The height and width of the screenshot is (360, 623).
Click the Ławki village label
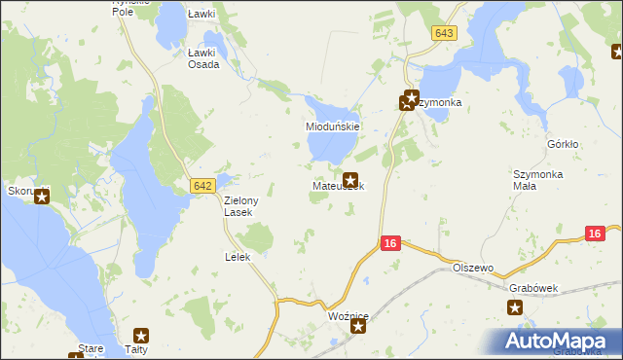point(201,15)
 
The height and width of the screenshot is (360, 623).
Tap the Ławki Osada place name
point(203,58)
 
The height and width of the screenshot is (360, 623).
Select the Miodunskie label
point(334,126)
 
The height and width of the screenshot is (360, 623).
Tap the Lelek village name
point(238,257)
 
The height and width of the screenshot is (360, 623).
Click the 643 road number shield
point(444,33)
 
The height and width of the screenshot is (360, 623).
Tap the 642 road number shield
point(202,185)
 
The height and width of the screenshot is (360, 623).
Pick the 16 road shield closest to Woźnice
point(390,243)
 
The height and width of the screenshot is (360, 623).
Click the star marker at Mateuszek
point(350,178)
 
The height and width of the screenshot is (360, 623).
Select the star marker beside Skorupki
point(42,195)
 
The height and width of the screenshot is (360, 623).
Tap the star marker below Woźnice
point(358,328)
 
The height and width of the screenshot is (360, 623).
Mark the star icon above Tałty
point(141,336)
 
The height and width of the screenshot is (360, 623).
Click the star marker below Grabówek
point(515,308)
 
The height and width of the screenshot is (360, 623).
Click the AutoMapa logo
point(557,341)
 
